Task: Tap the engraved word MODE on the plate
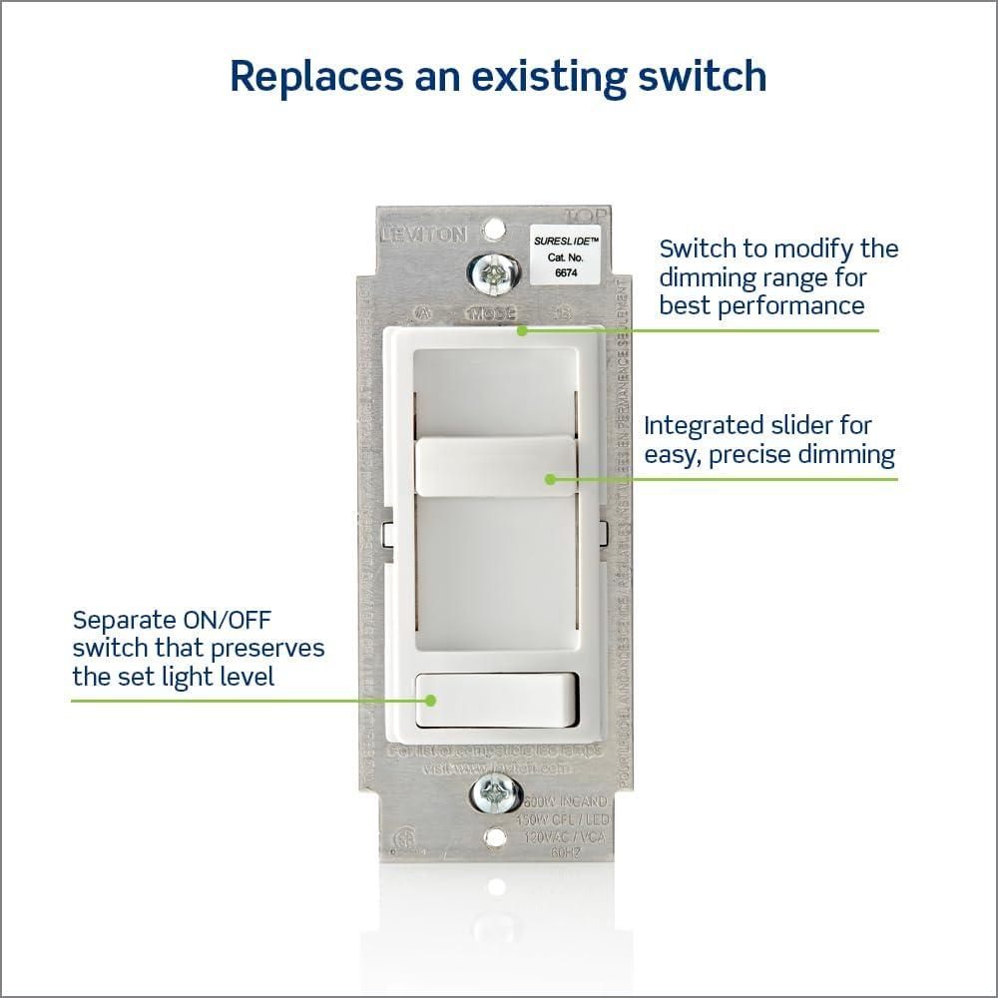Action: coord(491,313)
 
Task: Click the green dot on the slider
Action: coord(549,479)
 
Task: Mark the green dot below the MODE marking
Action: coord(521,329)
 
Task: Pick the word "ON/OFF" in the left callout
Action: coord(250,620)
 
